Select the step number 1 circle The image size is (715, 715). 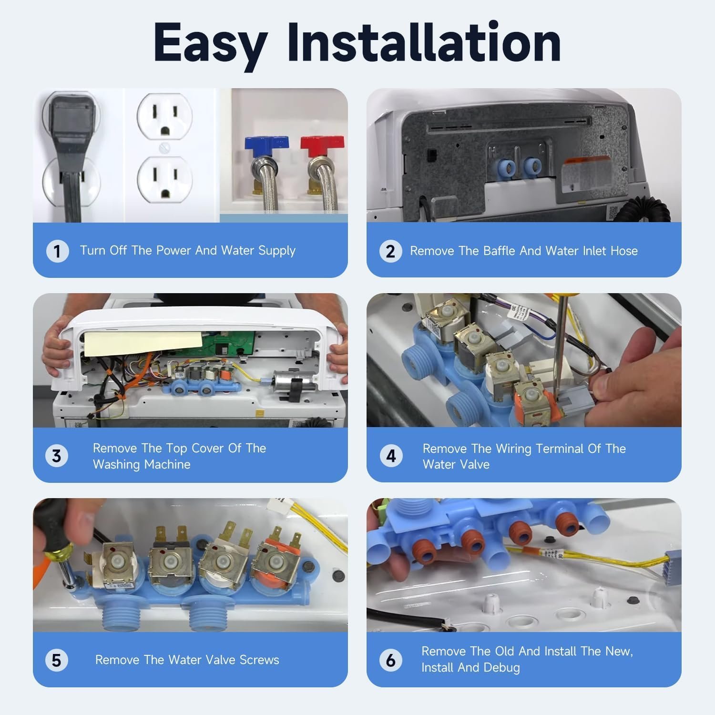(57, 251)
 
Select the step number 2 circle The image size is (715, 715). (390, 251)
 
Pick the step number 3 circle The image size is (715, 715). (57, 456)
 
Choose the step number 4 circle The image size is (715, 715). (391, 456)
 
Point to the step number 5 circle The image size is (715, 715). (57, 660)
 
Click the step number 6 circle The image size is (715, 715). (391, 660)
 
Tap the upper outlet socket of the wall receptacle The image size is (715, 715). (165, 115)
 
